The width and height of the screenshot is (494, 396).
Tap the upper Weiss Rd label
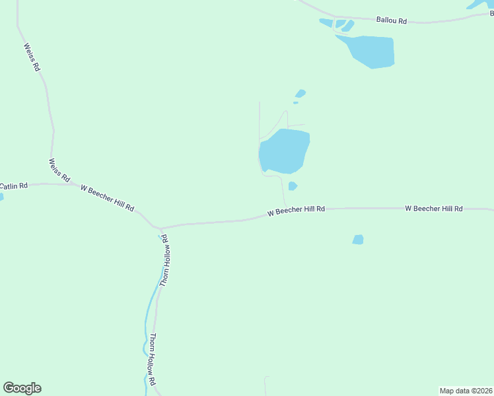coord(32,57)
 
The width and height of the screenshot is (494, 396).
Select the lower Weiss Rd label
coord(59,170)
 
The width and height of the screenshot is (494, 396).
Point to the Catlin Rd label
coord(14,186)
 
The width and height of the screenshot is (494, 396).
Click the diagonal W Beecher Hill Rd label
coord(107,197)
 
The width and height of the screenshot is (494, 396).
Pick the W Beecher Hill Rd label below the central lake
coord(296,211)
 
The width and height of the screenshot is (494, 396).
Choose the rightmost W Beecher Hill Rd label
coord(433,208)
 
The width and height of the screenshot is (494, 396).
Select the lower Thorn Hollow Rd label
coord(152,359)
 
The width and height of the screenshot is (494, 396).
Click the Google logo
coord(22,388)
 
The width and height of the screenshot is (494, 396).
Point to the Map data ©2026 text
coord(466,391)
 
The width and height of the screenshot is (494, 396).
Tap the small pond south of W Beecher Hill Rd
coord(358,240)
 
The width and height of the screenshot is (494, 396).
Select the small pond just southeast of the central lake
coord(293,186)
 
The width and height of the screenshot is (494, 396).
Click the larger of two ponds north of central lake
coord(300,93)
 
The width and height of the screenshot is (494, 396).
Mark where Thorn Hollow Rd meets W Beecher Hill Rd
coord(160,228)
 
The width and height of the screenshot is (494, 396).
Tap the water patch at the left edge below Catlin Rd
coord(1,196)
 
